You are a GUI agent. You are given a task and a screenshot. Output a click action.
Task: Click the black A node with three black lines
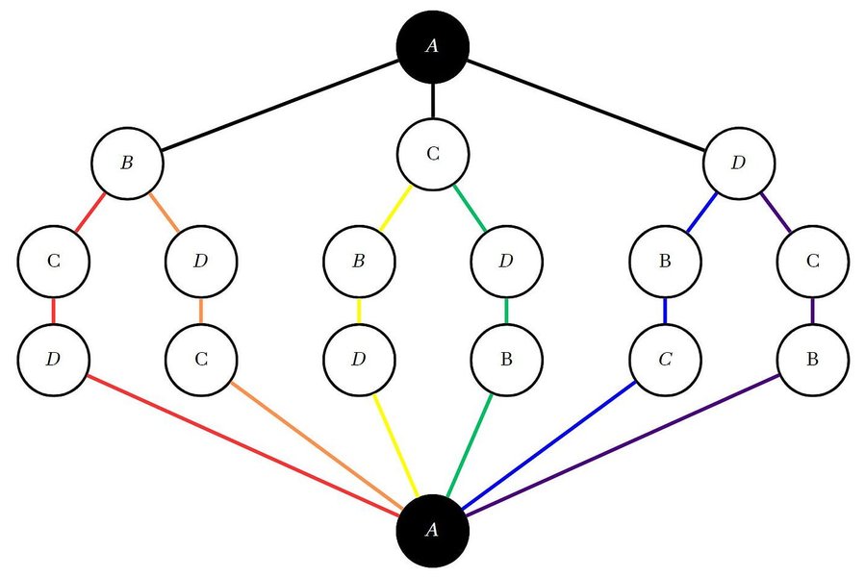pyautogui.click(x=432, y=46)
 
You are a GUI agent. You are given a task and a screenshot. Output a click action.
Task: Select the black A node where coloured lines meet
pyautogui.click(x=432, y=528)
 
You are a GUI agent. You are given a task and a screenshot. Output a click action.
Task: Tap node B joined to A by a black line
pyautogui.click(x=127, y=163)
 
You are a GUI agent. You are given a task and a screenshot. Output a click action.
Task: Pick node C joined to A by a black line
pyautogui.click(x=433, y=153)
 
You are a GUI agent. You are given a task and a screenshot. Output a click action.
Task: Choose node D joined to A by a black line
pyautogui.click(x=738, y=163)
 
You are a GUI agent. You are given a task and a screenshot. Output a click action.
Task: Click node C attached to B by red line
pyautogui.click(x=54, y=261)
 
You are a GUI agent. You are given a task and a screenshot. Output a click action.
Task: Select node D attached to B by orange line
pyautogui.click(x=201, y=261)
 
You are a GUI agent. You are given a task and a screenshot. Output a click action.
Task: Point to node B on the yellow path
pyautogui.click(x=359, y=261)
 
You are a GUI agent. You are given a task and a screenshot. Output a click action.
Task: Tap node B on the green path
pyautogui.click(x=506, y=360)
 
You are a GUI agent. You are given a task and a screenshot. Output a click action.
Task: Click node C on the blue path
pyautogui.click(x=665, y=360)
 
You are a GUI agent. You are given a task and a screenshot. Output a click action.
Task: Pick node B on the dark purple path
pyautogui.click(x=812, y=360)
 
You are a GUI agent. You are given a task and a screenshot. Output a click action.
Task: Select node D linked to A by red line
pyautogui.click(x=54, y=360)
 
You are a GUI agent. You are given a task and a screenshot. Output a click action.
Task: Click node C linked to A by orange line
pyautogui.click(x=201, y=360)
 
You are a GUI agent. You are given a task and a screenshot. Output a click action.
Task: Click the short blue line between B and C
pyautogui.click(x=665, y=310)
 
